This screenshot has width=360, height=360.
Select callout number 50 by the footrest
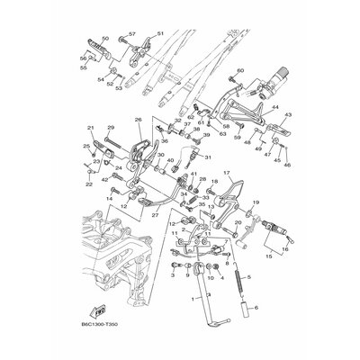point(103,40)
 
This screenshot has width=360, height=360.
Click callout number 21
point(90,129)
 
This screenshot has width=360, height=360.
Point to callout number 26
point(139,118)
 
